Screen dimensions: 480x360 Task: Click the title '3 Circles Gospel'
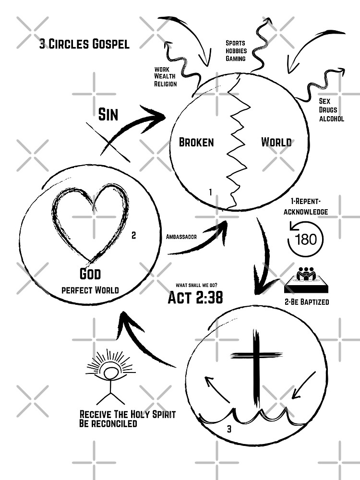[x=84, y=44]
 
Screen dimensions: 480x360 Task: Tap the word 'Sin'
[x=108, y=114]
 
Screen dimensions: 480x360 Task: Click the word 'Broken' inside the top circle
[x=196, y=142]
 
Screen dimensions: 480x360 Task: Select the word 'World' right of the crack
[x=276, y=142]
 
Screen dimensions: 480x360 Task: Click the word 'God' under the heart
[x=90, y=274]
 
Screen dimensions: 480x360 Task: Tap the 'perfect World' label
[x=90, y=290]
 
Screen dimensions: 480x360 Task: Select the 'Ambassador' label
[x=181, y=237]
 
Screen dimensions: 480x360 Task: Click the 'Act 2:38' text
[x=195, y=298]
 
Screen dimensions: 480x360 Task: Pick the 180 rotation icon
[x=305, y=239]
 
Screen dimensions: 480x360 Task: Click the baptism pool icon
[x=305, y=281]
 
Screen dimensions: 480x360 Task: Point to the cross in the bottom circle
[x=256, y=365]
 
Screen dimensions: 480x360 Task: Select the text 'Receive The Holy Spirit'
[x=127, y=414]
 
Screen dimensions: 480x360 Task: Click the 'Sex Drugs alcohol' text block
[x=331, y=110]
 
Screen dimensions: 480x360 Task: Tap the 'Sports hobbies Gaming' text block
[x=236, y=51]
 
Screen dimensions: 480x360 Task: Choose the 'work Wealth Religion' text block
[x=166, y=77]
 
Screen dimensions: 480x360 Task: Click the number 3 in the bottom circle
[x=229, y=429]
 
